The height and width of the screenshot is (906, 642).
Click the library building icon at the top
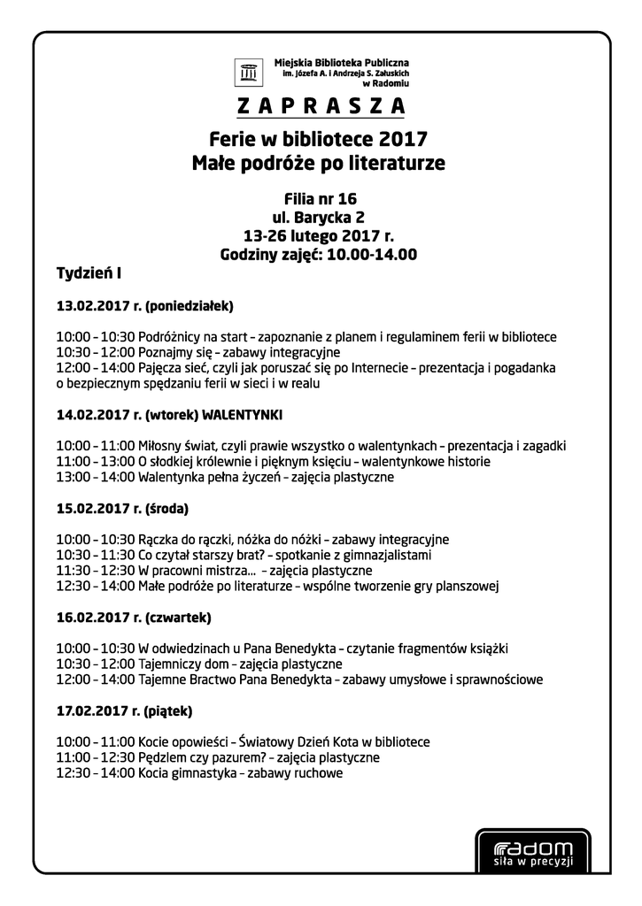pyautogui.click(x=249, y=71)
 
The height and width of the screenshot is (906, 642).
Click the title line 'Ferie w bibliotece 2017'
pyautogui.click(x=319, y=140)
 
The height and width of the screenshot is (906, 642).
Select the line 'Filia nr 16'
pyautogui.click(x=319, y=198)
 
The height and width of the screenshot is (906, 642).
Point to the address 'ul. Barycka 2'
pyautogui.click(x=319, y=217)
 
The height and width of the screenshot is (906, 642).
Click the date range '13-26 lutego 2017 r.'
pyautogui.click(x=319, y=236)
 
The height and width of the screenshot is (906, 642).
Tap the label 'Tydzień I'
pyautogui.click(x=89, y=273)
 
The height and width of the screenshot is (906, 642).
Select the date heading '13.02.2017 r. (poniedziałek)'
pyautogui.click(x=144, y=307)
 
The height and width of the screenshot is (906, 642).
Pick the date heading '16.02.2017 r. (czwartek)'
pyautogui.click(x=133, y=617)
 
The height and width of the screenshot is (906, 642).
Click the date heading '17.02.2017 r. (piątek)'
pyautogui.click(x=124, y=710)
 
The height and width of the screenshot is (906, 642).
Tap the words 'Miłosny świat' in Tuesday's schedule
pyautogui.click(x=182, y=446)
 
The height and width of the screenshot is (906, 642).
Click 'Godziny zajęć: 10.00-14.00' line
pyautogui.click(x=319, y=255)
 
